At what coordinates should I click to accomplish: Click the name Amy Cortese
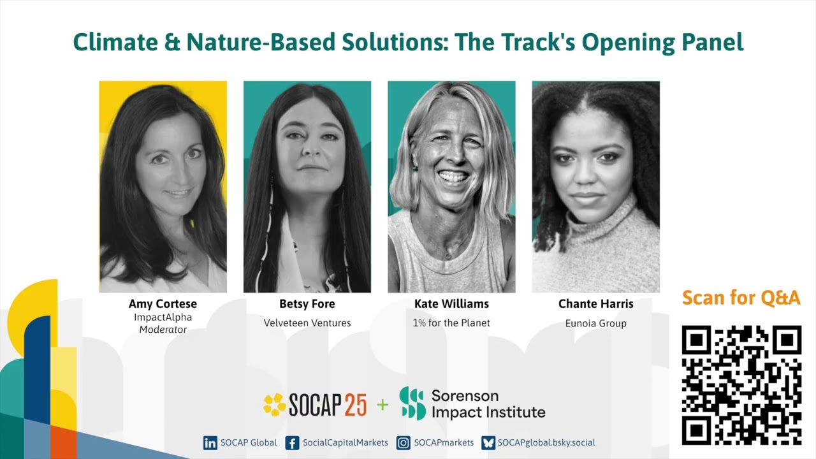[x=163, y=304]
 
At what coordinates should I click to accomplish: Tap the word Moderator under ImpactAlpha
[x=163, y=330]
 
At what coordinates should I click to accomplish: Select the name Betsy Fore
[x=307, y=304]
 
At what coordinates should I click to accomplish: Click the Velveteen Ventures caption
[x=307, y=323]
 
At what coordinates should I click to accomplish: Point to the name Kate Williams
[x=451, y=304]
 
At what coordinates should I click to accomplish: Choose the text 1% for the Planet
[x=451, y=323]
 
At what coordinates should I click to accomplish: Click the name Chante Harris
[x=595, y=304]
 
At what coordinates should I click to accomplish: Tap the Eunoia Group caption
[x=595, y=324]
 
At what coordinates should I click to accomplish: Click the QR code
[x=741, y=385]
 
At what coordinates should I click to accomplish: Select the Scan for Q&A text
[x=741, y=298]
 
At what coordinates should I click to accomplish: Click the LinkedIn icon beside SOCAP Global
[x=210, y=443]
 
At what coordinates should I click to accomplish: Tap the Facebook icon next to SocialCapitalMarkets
[x=292, y=443]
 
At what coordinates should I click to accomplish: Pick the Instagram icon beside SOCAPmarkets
[x=403, y=443]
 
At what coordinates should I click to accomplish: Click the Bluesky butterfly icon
[x=488, y=443]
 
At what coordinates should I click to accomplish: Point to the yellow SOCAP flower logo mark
[x=275, y=405]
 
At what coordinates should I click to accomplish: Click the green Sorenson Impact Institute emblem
[x=412, y=404]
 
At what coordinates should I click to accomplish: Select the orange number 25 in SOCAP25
[x=356, y=405]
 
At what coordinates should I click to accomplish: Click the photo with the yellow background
[x=163, y=187]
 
